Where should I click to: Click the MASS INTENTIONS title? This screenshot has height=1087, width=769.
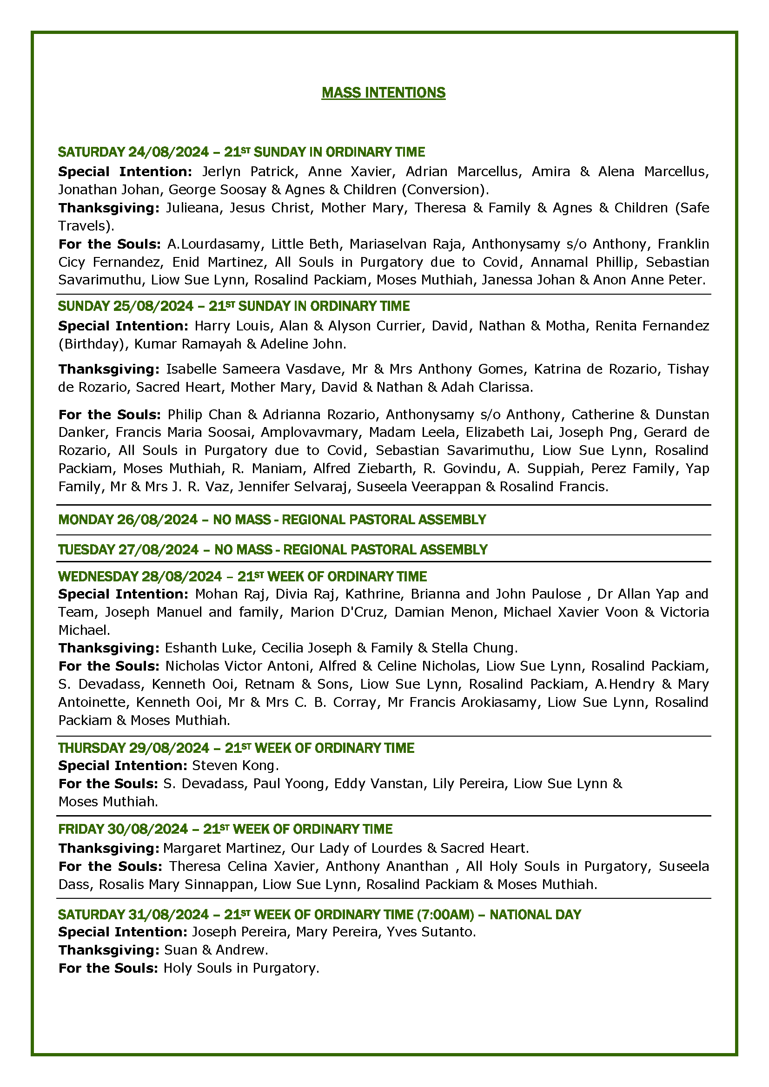click(383, 93)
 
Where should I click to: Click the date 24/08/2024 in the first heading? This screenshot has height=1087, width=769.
click(168, 152)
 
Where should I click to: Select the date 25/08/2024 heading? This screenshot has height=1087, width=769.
click(153, 306)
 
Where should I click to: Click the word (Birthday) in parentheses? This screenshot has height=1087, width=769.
click(93, 344)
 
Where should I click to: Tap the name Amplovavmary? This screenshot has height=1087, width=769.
click(312, 432)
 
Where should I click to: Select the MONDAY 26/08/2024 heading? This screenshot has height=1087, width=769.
click(128, 520)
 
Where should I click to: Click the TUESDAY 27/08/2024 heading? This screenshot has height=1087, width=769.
click(128, 550)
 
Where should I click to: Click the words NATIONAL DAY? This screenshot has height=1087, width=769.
click(535, 914)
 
